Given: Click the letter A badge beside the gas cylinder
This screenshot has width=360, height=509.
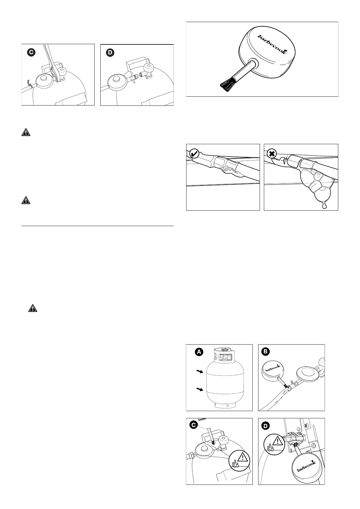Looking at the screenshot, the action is (x=199, y=352).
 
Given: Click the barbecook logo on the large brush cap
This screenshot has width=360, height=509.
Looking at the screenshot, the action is (x=272, y=44).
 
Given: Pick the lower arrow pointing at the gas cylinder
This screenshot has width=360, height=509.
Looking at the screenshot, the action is (x=199, y=390).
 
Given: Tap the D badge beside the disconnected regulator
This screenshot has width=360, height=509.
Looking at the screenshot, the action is (x=110, y=53).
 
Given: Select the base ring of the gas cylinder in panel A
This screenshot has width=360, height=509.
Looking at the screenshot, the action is (x=224, y=405).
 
